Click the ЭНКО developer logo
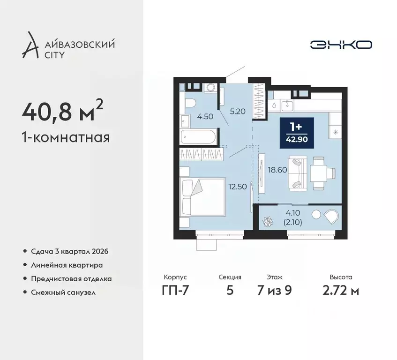pos(341,45)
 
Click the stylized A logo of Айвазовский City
pos(30,45)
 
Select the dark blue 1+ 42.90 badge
pos(297,133)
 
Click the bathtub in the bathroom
pos(198,137)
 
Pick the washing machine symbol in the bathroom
pos(210,88)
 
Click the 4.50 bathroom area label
pos(205,117)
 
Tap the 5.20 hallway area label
pos(238,111)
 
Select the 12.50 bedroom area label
pos(238,187)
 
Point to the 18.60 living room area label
pos(277,170)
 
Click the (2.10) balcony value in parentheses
pos(292,222)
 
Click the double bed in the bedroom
pos(202,197)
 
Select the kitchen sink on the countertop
pos(287,105)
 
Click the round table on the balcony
pos(316,214)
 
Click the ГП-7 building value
pos(175,290)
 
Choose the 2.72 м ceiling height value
pos(341,290)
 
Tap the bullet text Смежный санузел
pos(63,292)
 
